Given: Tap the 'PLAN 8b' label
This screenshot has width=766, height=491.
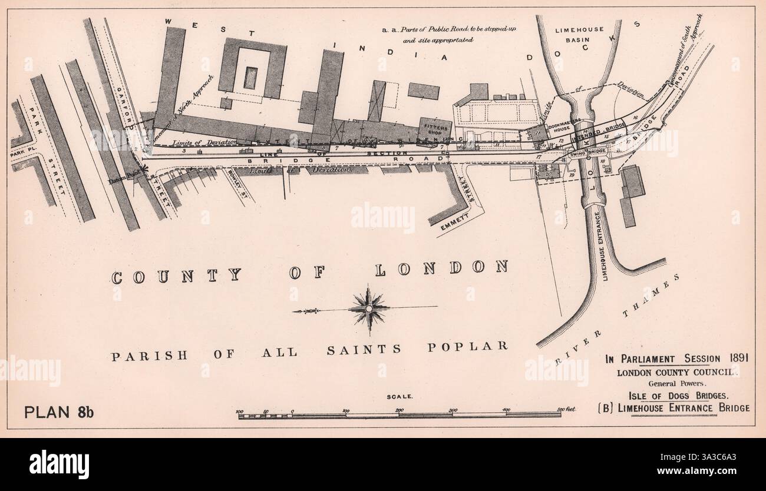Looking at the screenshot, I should (59, 412).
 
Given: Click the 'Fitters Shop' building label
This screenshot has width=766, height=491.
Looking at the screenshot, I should (435, 128).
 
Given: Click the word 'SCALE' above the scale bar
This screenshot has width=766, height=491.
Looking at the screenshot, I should (399, 397).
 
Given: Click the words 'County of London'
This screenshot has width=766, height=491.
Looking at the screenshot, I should (309, 272).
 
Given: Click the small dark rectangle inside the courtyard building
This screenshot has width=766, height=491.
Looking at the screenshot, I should (250, 78).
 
